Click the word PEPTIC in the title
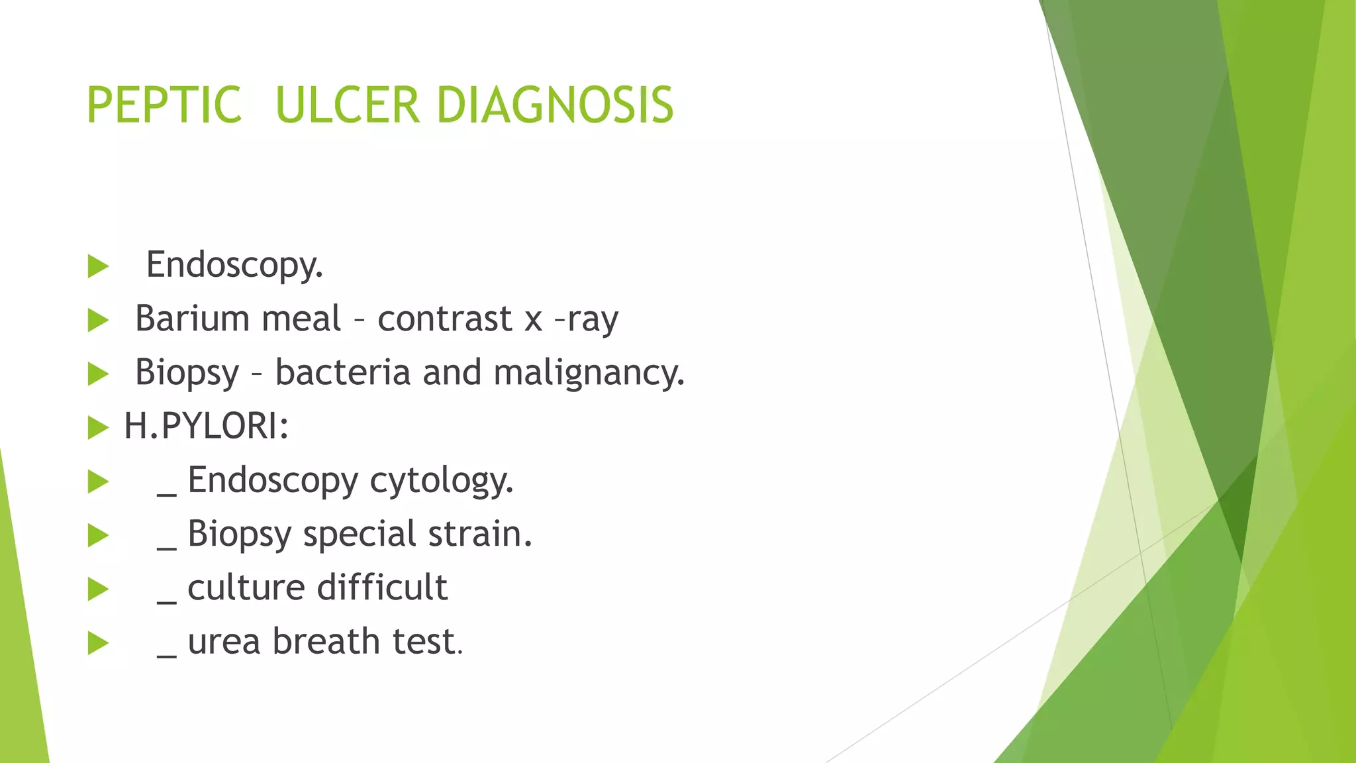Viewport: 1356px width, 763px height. click(x=164, y=105)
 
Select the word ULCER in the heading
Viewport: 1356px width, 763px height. click(x=347, y=105)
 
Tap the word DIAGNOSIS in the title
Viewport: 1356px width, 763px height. click(x=555, y=105)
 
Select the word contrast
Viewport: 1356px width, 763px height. click(x=445, y=319)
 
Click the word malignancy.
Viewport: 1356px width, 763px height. click(x=589, y=373)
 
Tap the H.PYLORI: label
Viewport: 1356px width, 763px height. click(x=207, y=426)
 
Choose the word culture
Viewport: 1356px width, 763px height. click(x=246, y=588)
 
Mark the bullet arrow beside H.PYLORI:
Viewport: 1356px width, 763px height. click(x=98, y=428)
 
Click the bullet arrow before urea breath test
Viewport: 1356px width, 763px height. click(x=98, y=643)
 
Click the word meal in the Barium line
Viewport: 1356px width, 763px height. click(x=301, y=319)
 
